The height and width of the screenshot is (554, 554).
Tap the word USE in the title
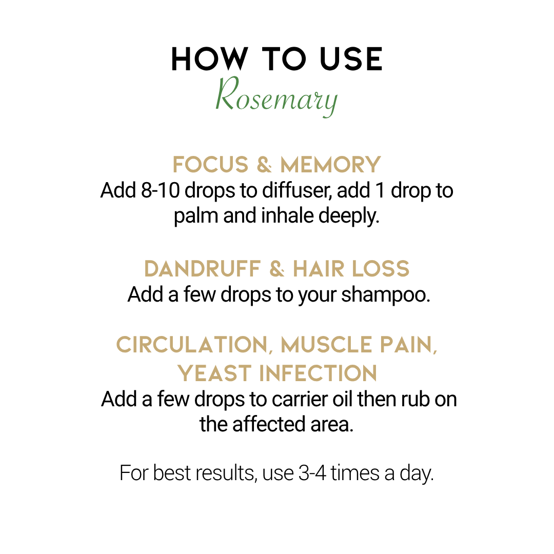(x=351, y=59)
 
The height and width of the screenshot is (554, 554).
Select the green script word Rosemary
(x=276, y=96)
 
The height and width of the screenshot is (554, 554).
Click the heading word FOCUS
(x=211, y=165)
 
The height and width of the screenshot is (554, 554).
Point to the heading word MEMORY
(x=330, y=165)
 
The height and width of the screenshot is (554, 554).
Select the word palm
(x=196, y=216)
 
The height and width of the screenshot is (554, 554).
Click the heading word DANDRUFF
(x=203, y=269)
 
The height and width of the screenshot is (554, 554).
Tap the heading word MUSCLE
(x=326, y=345)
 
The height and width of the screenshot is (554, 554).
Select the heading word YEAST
(x=214, y=373)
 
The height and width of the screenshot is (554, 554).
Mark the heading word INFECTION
(x=319, y=373)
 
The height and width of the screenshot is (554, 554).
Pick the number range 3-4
(x=312, y=473)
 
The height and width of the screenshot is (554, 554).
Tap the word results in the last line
(x=227, y=473)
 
